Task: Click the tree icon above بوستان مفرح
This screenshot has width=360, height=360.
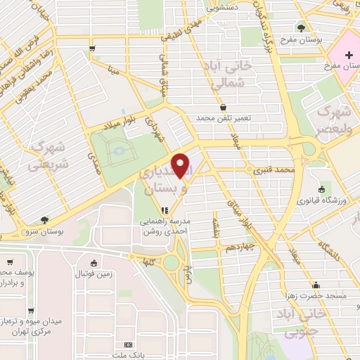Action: click(301, 29)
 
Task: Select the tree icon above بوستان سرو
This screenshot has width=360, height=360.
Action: click(45, 220)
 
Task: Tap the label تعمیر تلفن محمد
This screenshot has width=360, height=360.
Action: click(224, 117)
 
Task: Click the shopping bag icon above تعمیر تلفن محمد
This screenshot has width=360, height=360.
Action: click(224, 107)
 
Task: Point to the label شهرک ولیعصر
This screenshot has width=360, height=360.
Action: click(333, 117)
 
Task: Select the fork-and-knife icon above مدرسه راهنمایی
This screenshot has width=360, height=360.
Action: click(164, 210)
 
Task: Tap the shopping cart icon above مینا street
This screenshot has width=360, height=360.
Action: click(92, 48)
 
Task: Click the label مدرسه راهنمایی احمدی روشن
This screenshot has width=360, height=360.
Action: click(164, 226)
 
